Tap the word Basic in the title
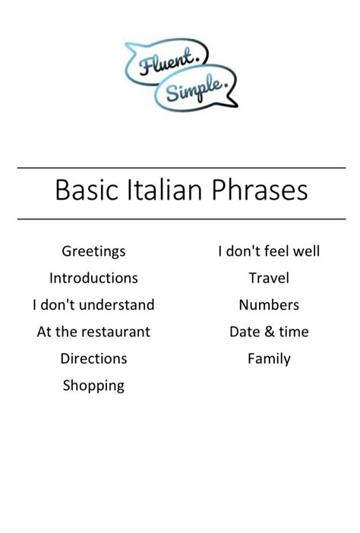tap(83, 189)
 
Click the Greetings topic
tap(93, 251)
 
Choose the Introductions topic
tap(93, 278)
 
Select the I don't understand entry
tap(93, 305)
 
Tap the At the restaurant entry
tap(93, 332)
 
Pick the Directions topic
tap(93, 358)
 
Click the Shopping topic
tap(93, 386)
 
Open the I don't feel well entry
tap(269, 251)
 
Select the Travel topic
tap(269, 278)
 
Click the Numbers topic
tap(269, 305)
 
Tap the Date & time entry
tap(269, 332)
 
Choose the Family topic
tap(269, 358)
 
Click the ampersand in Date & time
tap(269, 332)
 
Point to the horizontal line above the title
tap(181, 168)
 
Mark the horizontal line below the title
tap(181, 219)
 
